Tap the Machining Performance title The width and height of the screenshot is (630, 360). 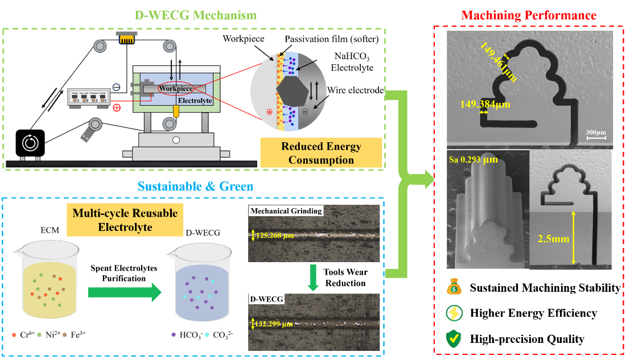(529, 15)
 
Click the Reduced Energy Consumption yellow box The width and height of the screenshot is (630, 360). (321, 153)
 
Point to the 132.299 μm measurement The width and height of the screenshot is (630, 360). (276, 324)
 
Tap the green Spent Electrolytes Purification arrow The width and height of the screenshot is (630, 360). (126, 293)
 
